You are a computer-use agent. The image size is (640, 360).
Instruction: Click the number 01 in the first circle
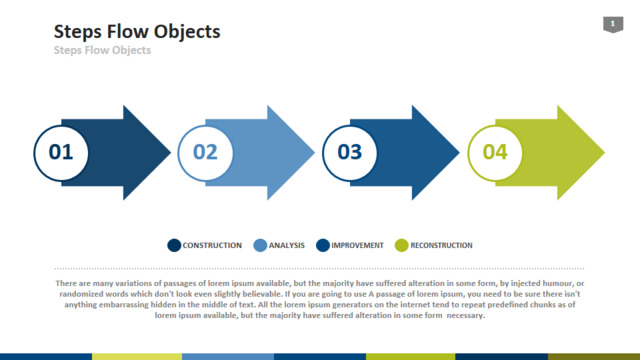click(61, 152)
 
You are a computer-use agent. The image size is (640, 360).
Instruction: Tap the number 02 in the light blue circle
click(205, 152)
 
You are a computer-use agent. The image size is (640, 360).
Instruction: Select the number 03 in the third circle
click(350, 152)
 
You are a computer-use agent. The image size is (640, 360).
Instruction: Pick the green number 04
click(495, 152)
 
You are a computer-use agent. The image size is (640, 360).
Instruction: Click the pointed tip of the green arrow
click(604, 153)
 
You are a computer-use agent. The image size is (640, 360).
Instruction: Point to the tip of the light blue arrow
click(314, 153)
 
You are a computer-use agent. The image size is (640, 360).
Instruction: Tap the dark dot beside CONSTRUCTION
click(174, 245)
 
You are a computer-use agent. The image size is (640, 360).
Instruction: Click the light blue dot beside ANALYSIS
click(260, 245)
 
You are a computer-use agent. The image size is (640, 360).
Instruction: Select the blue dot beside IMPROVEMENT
click(323, 245)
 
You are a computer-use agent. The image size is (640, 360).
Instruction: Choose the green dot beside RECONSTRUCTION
click(402, 245)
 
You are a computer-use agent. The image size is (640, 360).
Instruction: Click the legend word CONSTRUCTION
click(212, 245)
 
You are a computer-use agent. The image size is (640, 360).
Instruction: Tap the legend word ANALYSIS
click(287, 245)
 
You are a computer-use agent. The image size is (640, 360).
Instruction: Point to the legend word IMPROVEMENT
click(358, 245)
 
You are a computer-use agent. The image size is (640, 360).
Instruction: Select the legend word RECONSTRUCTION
click(441, 245)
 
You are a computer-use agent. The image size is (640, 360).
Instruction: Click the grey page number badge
click(613, 24)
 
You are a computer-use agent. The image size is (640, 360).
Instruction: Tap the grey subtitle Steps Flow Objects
click(102, 50)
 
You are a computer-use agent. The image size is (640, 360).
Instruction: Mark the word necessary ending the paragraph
click(466, 315)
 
